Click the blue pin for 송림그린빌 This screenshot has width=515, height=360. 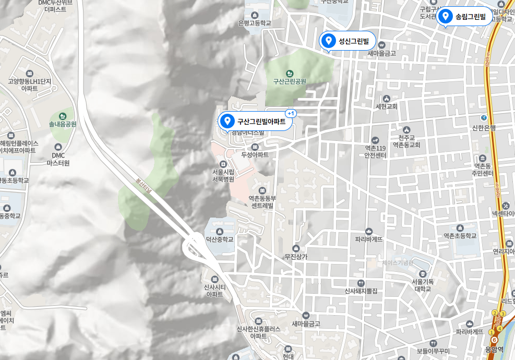(x=446, y=16)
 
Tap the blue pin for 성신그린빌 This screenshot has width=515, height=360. (x=329, y=40)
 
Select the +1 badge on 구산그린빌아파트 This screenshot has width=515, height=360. (x=291, y=113)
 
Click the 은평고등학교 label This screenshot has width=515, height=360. (x=254, y=23)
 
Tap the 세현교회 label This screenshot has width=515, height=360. (x=386, y=106)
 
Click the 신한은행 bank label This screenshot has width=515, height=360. (x=484, y=128)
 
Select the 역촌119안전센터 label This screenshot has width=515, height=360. (x=375, y=151)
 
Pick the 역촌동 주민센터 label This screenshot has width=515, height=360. (x=482, y=170)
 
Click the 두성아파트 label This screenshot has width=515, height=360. (x=255, y=154)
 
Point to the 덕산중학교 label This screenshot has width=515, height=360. (x=219, y=239)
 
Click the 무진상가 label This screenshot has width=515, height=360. (x=296, y=256)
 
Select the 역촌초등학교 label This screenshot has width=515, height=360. (x=460, y=235)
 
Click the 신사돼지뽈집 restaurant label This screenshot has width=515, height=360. (x=361, y=291)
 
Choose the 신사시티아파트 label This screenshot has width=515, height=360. (x=214, y=291)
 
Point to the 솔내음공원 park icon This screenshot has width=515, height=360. (x=63, y=116)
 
